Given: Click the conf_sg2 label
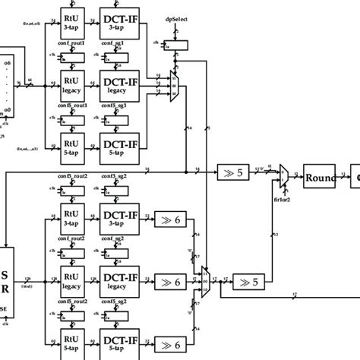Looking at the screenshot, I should [114, 238].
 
